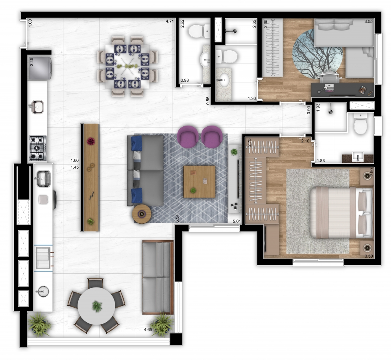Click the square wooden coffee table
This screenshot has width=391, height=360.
[199, 181]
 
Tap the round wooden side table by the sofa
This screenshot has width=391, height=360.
[142, 214]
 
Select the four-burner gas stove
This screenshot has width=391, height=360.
[38, 148]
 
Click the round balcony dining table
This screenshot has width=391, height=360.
[96, 306]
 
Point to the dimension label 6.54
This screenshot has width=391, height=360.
[177, 218]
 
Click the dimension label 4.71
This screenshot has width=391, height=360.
[170, 21]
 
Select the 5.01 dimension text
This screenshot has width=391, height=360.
[237, 221]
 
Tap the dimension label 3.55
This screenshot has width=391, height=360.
[368, 21]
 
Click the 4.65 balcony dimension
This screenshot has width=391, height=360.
[148, 329]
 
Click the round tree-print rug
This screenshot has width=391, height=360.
[318, 53]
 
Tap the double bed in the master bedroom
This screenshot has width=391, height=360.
[341, 213]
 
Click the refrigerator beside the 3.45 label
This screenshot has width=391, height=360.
[40, 68]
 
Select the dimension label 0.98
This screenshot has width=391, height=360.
[184, 80]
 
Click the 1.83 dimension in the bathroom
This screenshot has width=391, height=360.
[321, 161]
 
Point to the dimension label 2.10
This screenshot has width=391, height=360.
[305, 141]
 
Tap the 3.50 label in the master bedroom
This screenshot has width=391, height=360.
[369, 256]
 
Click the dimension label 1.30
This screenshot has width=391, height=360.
[252, 98]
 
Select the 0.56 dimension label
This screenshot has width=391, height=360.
[208, 100]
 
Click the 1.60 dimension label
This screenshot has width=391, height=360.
[74, 161]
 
